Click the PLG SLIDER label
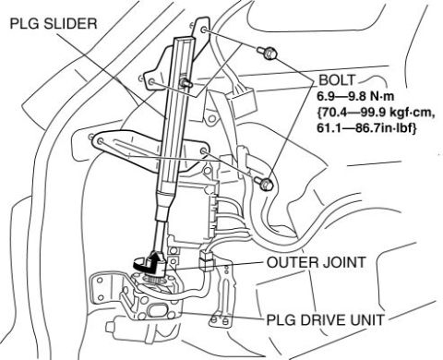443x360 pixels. [x=54, y=24]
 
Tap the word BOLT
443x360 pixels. [x=337, y=80]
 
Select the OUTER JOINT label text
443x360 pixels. [x=316, y=262]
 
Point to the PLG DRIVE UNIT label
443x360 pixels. [x=325, y=319]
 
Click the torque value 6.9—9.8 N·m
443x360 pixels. [x=355, y=97]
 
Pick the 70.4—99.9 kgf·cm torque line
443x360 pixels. [x=377, y=114]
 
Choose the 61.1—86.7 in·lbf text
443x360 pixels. [x=367, y=128]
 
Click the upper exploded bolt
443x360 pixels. [x=267, y=53]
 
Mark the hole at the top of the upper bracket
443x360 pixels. [x=203, y=30]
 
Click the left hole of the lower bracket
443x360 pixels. [x=100, y=141]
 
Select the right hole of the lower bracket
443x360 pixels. [x=203, y=151]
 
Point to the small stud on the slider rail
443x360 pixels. [x=186, y=82]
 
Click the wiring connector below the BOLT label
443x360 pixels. [x=244, y=102]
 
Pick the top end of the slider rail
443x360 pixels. [x=185, y=38]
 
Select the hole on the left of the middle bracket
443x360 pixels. [x=151, y=81]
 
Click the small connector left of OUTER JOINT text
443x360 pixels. [x=207, y=260]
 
